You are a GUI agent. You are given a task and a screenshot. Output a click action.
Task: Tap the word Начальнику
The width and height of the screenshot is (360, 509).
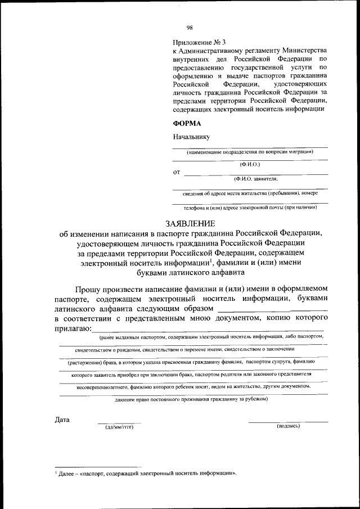(x=191, y=136)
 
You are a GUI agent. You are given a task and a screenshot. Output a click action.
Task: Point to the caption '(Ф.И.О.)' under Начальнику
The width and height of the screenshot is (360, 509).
(x=249, y=164)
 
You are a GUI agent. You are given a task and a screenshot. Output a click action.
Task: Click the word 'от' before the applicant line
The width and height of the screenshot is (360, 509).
(x=176, y=172)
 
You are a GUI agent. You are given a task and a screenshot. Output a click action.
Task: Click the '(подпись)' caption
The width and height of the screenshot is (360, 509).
(x=288, y=426)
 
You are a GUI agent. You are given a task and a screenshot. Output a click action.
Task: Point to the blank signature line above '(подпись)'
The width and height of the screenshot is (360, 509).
(x=288, y=421)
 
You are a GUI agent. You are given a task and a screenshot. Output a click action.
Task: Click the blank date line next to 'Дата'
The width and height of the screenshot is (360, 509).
(x=119, y=422)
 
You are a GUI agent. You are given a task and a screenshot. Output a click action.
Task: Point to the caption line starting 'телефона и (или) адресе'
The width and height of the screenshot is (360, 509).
(x=250, y=207)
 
